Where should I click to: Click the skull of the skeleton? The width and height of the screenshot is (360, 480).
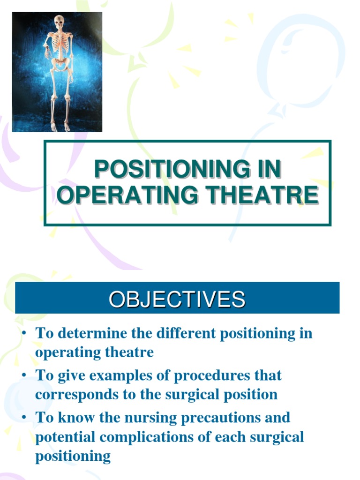[x=59, y=22]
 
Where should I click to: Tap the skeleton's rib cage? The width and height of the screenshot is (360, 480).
[x=60, y=45]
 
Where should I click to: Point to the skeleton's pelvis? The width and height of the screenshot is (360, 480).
[x=60, y=64]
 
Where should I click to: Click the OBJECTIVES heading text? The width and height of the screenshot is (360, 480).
[x=177, y=299]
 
